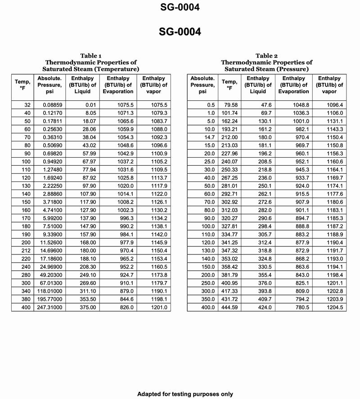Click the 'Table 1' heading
[90, 56]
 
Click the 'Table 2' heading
[266, 56]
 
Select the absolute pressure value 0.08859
[50, 105]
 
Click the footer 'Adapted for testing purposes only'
[185, 394]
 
